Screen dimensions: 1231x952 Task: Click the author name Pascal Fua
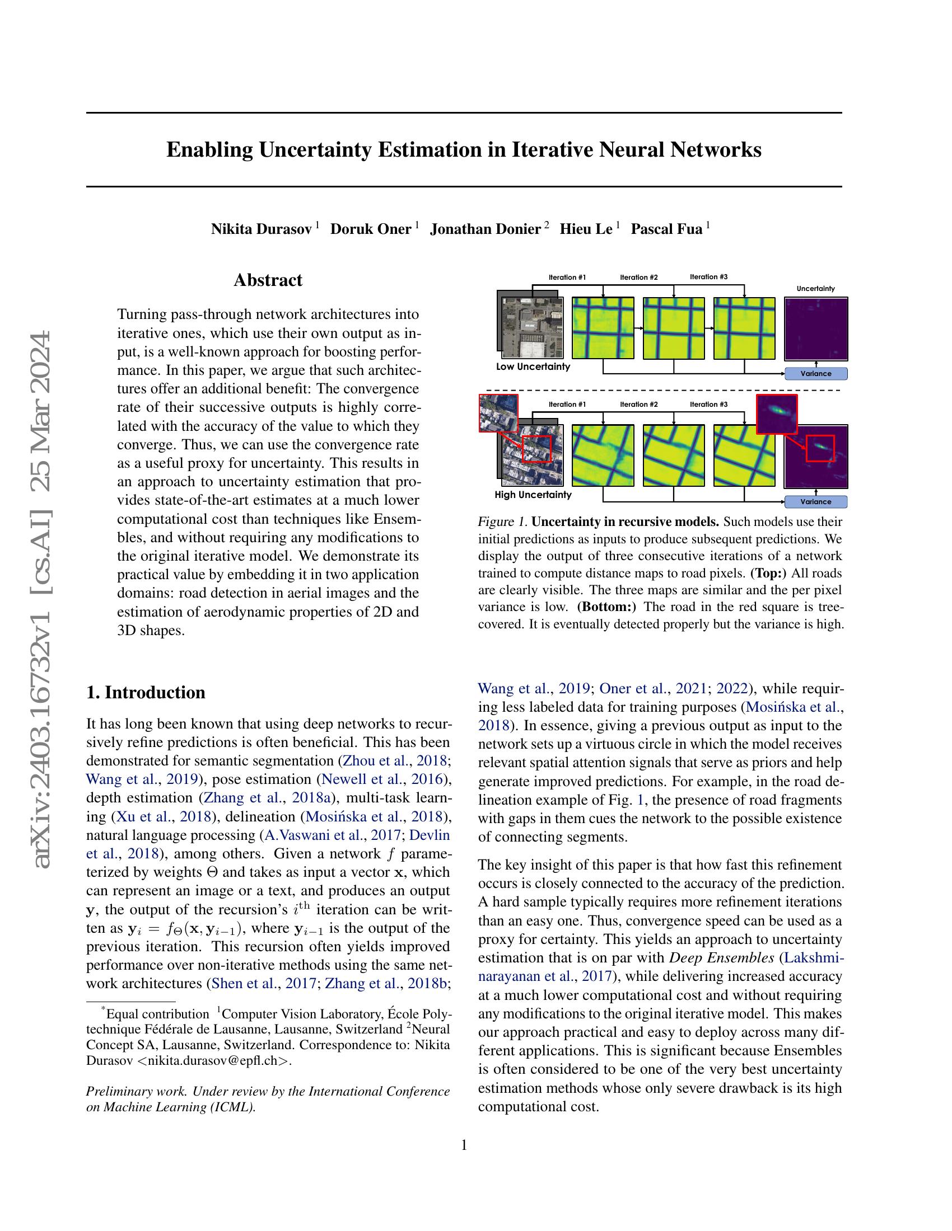coord(666,229)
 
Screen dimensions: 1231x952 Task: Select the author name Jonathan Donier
coord(486,229)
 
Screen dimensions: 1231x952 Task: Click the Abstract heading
coord(268,280)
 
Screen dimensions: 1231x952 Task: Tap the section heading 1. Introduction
coord(146,692)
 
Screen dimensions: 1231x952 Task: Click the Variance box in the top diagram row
coord(815,373)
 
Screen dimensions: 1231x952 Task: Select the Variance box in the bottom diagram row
coord(815,502)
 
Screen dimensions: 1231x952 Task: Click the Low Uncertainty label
coord(533,367)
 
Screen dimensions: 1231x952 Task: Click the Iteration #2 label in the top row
coord(638,278)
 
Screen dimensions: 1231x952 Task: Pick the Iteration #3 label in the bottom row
coord(709,404)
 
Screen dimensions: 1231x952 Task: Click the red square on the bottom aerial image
coord(536,449)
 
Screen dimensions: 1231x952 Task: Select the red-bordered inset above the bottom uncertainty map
coord(777,414)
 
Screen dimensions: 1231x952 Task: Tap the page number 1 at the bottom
coord(464,1145)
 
